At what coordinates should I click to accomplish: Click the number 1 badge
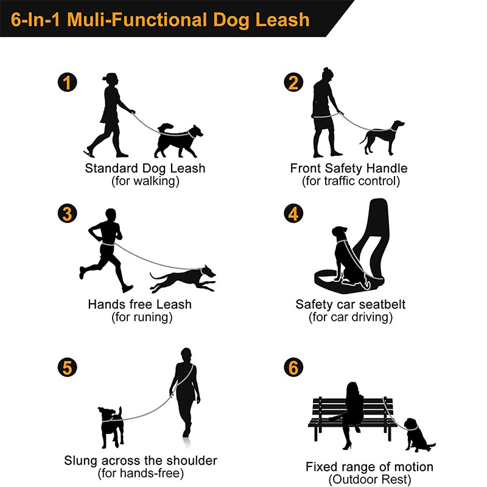68,82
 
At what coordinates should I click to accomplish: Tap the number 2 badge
294,82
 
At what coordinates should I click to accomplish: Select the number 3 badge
68,214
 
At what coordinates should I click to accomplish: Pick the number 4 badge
294,214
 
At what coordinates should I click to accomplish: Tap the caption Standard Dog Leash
145,169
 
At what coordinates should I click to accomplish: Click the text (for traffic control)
351,181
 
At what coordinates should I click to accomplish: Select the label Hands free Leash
139,304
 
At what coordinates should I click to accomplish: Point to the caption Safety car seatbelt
351,304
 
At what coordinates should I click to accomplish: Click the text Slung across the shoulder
141,460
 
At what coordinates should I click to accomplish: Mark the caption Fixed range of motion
370,467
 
